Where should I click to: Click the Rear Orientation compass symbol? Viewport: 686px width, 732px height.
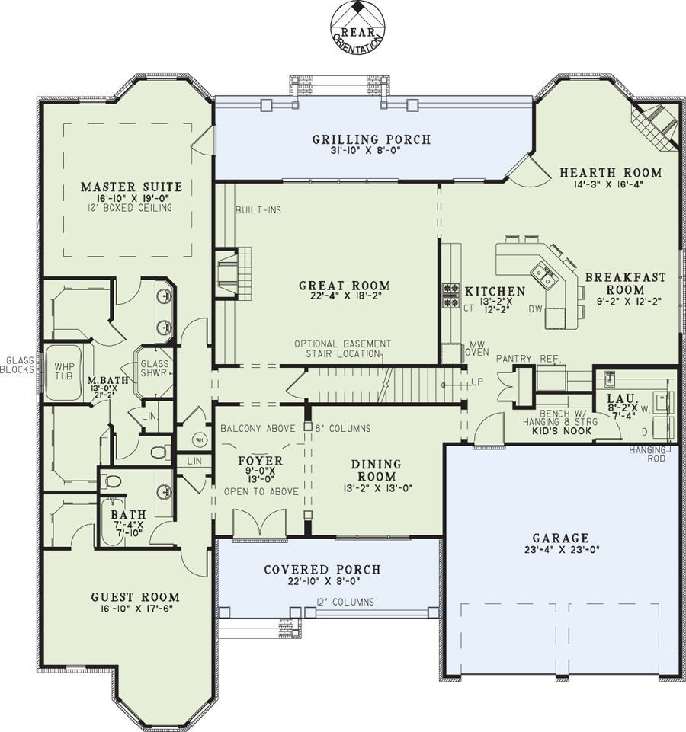pyautogui.click(x=357, y=26)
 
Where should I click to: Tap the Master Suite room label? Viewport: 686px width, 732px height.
pyautogui.click(x=131, y=186)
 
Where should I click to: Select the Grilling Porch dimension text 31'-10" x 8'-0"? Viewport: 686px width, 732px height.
pyautogui.click(x=371, y=152)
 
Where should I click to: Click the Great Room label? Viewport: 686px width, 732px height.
pyautogui.click(x=344, y=286)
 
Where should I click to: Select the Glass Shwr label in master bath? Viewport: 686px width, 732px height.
pyautogui.click(x=154, y=369)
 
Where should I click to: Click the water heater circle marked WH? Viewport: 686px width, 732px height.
pyautogui.click(x=200, y=440)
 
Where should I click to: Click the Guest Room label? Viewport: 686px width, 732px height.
pyautogui.click(x=136, y=597)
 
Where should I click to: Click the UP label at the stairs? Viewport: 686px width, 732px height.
pyautogui.click(x=477, y=382)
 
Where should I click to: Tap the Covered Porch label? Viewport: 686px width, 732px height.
pyautogui.click(x=322, y=570)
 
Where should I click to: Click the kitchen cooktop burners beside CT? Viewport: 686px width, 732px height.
pyautogui.click(x=450, y=296)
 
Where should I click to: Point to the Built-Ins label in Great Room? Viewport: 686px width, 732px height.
pyautogui.click(x=258, y=209)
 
